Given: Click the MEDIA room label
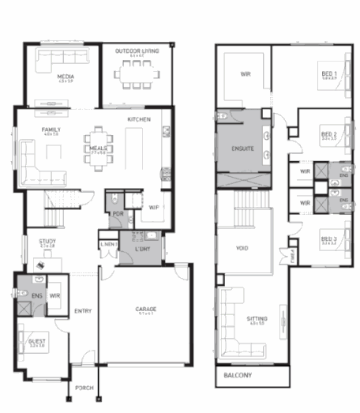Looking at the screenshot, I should (x=66, y=77).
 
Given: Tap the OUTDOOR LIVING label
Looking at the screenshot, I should (x=137, y=51).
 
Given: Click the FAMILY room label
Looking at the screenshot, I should (x=52, y=130).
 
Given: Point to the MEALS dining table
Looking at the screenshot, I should (x=99, y=147).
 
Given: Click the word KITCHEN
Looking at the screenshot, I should (x=140, y=120).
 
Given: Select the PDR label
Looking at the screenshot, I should (x=118, y=213).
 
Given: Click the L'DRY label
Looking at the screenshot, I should (x=143, y=249).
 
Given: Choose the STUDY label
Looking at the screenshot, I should (x=47, y=242).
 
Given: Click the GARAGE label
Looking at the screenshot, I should (x=145, y=309).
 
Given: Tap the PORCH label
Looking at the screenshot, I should (x=84, y=389).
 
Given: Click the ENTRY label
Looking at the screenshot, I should (x=83, y=311).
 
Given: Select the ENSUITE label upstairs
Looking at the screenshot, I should (x=242, y=148).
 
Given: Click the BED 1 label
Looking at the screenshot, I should (x=328, y=73).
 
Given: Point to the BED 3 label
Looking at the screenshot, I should (x=328, y=239).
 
